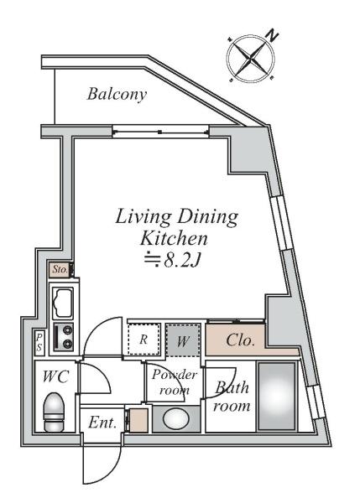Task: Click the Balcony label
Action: pyautogui.click(x=117, y=95)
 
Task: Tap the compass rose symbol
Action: pyautogui.click(x=251, y=59)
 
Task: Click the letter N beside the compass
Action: pyautogui.click(x=273, y=35)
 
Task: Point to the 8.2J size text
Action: pyautogui.click(x=182, y=262)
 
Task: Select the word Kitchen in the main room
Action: pyautogui.click(x=174, y=239)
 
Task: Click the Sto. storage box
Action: pyautogui.click(x=60, y=269)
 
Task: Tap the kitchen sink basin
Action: pyautogui.click(x=63, y=303)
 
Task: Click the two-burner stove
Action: pyautogui.click(x=63, y=337)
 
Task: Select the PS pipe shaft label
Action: pyautogui.click(x=39, y=342)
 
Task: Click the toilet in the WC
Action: pyautogui.click(x=54, y=412)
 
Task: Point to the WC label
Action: pyautogui.click(x=56, y=376)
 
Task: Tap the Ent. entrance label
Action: pyautogui.click(x=102, y=423)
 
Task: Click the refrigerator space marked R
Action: pyautogui.click(x=143, y=340)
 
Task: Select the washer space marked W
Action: pyautogui.click(x=183, y=340)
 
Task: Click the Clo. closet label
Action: pyautogui.click(x=241, y=340)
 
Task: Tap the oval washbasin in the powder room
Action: pyautogui.click(x=175, y=419)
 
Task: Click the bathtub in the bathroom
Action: pyautogui.click(x=276, y=397)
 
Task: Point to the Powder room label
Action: pyautogui.click(x=175, y=382)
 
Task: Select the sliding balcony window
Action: pyautogui.click(x=160, y=132)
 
